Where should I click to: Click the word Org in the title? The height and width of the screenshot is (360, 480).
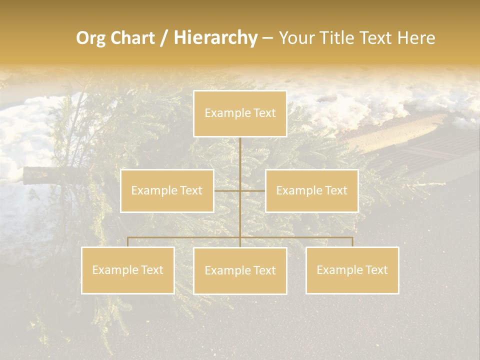pos(91,38)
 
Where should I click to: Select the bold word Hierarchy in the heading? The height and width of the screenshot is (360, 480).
pos(215,38)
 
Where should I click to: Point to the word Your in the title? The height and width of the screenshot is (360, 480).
pos(295,38)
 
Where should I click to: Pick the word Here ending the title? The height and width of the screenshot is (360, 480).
pos(416,38)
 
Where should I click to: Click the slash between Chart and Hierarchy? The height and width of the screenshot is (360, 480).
pos(164,38)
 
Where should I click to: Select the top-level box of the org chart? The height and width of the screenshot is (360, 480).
pos(240,113)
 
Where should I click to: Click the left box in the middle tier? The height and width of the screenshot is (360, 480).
pos(167,190)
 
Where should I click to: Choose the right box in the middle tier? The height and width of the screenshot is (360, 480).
pos(311,190)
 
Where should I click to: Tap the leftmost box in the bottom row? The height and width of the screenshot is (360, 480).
pos(128,270)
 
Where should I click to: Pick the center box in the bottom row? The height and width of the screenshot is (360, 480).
pos(240,270)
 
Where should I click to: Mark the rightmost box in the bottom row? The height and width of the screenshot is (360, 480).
pos(352,270)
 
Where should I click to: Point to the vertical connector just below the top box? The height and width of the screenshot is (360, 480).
pos(240,152)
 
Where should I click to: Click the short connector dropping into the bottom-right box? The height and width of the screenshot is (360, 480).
pos(352,242)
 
